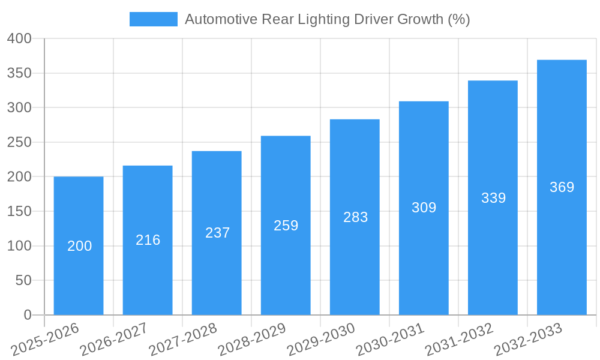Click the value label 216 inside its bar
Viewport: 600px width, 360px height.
point(148,240)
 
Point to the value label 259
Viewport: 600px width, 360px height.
point(286,226)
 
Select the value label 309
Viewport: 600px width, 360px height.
point(424,208)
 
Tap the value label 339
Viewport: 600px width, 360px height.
point(493,198)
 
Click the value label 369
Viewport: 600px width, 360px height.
point(562,187)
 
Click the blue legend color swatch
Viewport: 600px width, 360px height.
point(154,19)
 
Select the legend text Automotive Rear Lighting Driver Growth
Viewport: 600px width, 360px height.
point(327,19)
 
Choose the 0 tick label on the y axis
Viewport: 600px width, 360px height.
point(27,315)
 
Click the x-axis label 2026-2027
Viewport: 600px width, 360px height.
point(113,339)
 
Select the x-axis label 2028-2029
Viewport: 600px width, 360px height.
point(251,339)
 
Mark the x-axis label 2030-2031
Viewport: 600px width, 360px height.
point(389,339)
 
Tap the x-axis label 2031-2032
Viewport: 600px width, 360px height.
point(458,339)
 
